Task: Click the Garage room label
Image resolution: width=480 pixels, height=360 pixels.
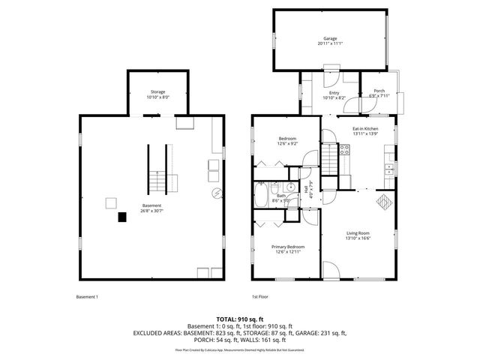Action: tap(330, 38)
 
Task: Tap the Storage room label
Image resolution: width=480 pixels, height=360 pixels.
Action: tap(158, 91)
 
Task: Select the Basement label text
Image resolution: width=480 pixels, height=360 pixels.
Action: tap(152, 205)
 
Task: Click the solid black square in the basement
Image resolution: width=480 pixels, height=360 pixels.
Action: tap(121, 217)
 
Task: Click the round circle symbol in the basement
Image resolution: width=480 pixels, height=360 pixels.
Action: tap(217, 193)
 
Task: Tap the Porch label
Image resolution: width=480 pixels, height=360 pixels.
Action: tap(379, 91)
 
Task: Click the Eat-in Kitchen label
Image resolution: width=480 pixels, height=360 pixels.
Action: tap(365, 129)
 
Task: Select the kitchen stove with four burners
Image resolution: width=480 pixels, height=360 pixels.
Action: tap(345, 149)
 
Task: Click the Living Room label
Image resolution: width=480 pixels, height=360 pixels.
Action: tap(357, 233)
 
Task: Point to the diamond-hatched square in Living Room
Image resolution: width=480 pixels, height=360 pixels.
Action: tap(382, 202)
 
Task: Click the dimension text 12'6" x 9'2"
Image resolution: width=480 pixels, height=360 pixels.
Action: tap(288, 143)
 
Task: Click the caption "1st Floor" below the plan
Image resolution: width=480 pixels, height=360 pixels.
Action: tap(259, 297)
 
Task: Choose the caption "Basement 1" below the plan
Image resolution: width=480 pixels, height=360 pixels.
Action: tap(87, 297)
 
